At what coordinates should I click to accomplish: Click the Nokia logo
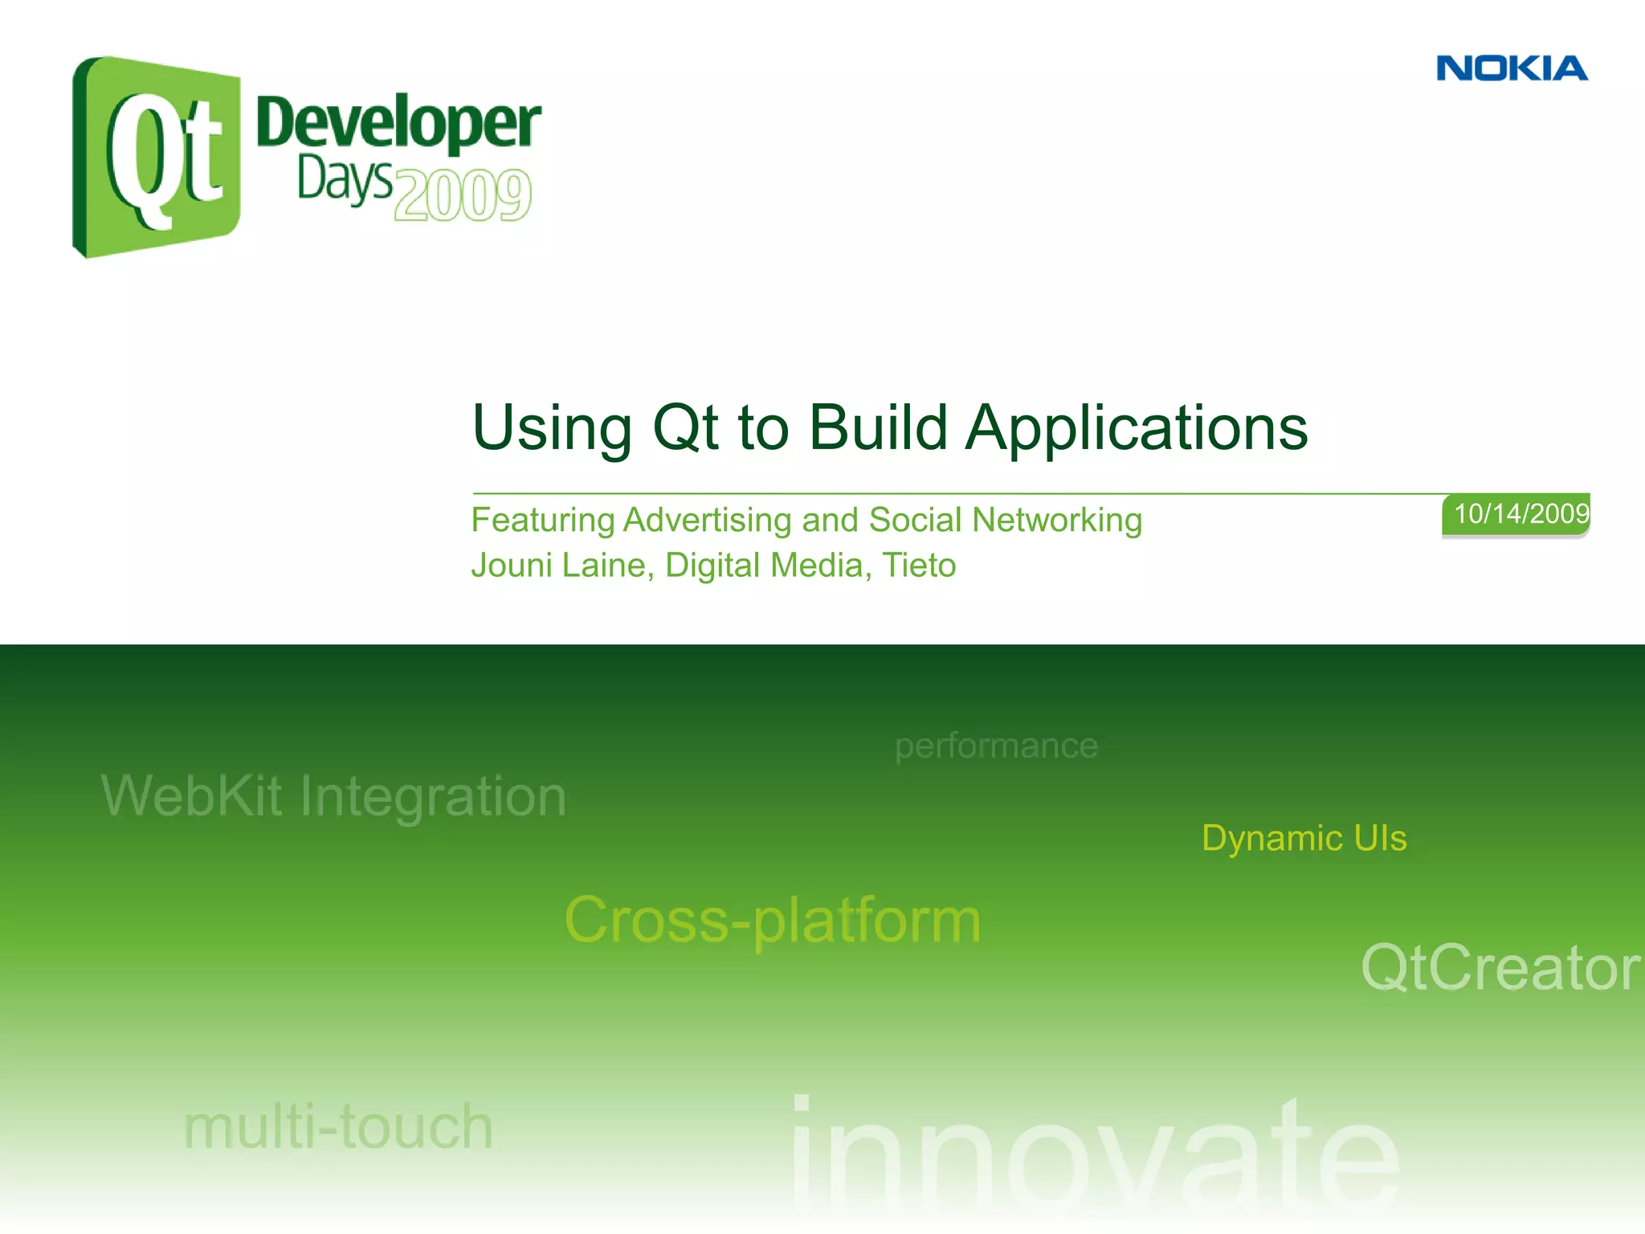[1512, 69]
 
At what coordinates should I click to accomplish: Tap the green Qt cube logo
[157, 157]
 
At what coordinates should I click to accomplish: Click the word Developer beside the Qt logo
[398, 124]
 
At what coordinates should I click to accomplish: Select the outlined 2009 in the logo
[463, 195]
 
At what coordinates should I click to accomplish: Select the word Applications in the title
[1137, 429]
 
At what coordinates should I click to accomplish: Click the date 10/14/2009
[1521, 514]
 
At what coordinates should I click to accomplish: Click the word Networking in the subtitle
[1056, 521]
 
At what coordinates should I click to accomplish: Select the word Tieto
[919, 566]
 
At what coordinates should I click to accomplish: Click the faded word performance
[996, 746]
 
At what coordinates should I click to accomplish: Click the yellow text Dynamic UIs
[1304, 839]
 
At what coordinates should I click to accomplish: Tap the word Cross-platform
[773, 921]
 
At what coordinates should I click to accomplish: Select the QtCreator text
[1500, 968]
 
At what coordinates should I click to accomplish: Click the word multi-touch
[338, 1127]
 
